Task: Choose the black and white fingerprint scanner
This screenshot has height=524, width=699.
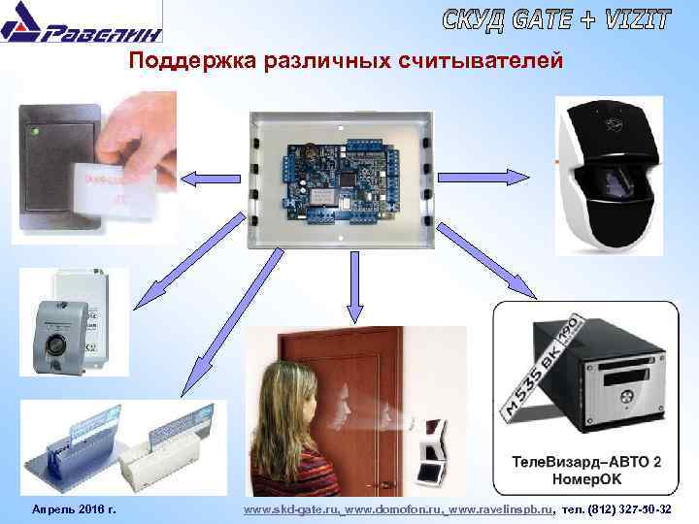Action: (608, 175)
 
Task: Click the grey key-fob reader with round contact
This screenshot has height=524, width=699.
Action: (57, 339)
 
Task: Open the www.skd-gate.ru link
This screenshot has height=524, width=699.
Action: (292, 509)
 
